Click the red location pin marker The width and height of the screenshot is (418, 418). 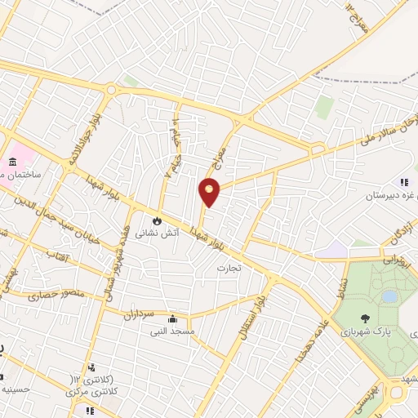pyautogui.click(x=210, y=193)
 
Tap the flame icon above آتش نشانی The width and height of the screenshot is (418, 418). pyautogui.click(x=157, y=220)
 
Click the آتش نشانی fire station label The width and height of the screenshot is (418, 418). pyautogui.click(x=157, y=233)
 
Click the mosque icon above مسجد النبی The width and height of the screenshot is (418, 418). pyautogui.click(x=172, y=318)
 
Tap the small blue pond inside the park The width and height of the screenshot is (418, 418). pyautogui.click(x=389, y=296)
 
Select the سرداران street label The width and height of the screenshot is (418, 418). pyautogui.click(x=139, y=313)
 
